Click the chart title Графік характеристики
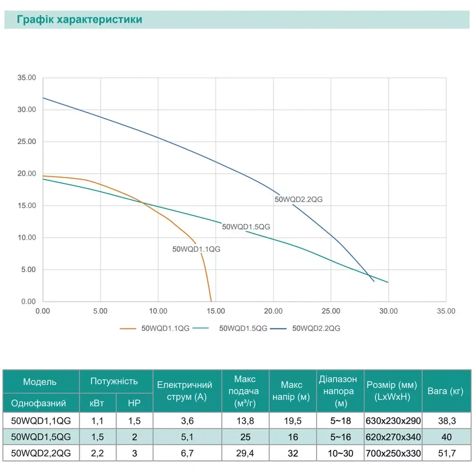(x=79, y=20)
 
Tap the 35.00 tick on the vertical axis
(x=27, y=78)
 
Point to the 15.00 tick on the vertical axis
(x=27, y=206)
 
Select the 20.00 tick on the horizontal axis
(x=273, y=311)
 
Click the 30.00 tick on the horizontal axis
(x=388, y=311)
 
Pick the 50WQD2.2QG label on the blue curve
(x=299, y=200)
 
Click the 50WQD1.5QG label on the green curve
(x=246, y=227)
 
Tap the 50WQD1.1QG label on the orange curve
(x=196, y=249)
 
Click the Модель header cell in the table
(x=40, y=382)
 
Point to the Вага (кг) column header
(x=445, y=391)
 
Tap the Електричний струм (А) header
(x=184, y=391)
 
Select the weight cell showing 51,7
(x=445, y=454)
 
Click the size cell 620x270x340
(x=392, y=437)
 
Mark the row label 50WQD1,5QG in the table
(x=40, y=437)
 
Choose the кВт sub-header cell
(x=97, y=403)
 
